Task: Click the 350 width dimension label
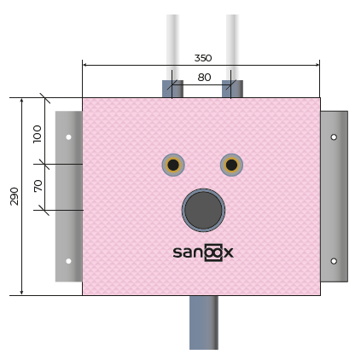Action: point(203,58)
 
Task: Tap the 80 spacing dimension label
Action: point(204,78)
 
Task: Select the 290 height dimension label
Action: point(15,196)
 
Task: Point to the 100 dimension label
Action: point(38,134)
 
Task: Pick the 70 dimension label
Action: point(38,186)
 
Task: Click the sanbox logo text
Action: point(203,253)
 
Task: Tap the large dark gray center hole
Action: point(203,210)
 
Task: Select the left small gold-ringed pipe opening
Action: point(173,165)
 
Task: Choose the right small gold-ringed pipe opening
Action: point(231,165)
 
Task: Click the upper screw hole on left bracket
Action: point(68,137)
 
